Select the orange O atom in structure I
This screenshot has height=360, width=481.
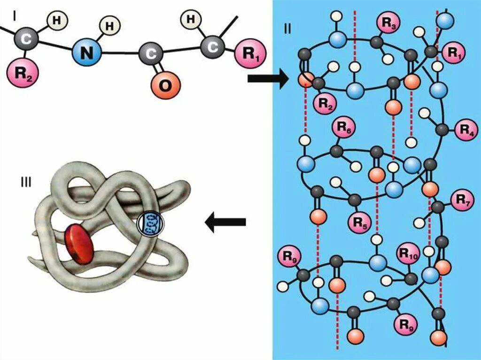pyautogui.click(x=165, y=85)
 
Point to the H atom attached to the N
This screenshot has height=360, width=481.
pyautogui.click(x=109, y=26)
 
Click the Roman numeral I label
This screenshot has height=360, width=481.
pyautogui.click(x=16, y=16)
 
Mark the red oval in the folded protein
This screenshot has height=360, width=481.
pyautogui.click(x=79, y=242)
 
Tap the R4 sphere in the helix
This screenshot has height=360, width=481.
pyautogui.click(x=466, y=130)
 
